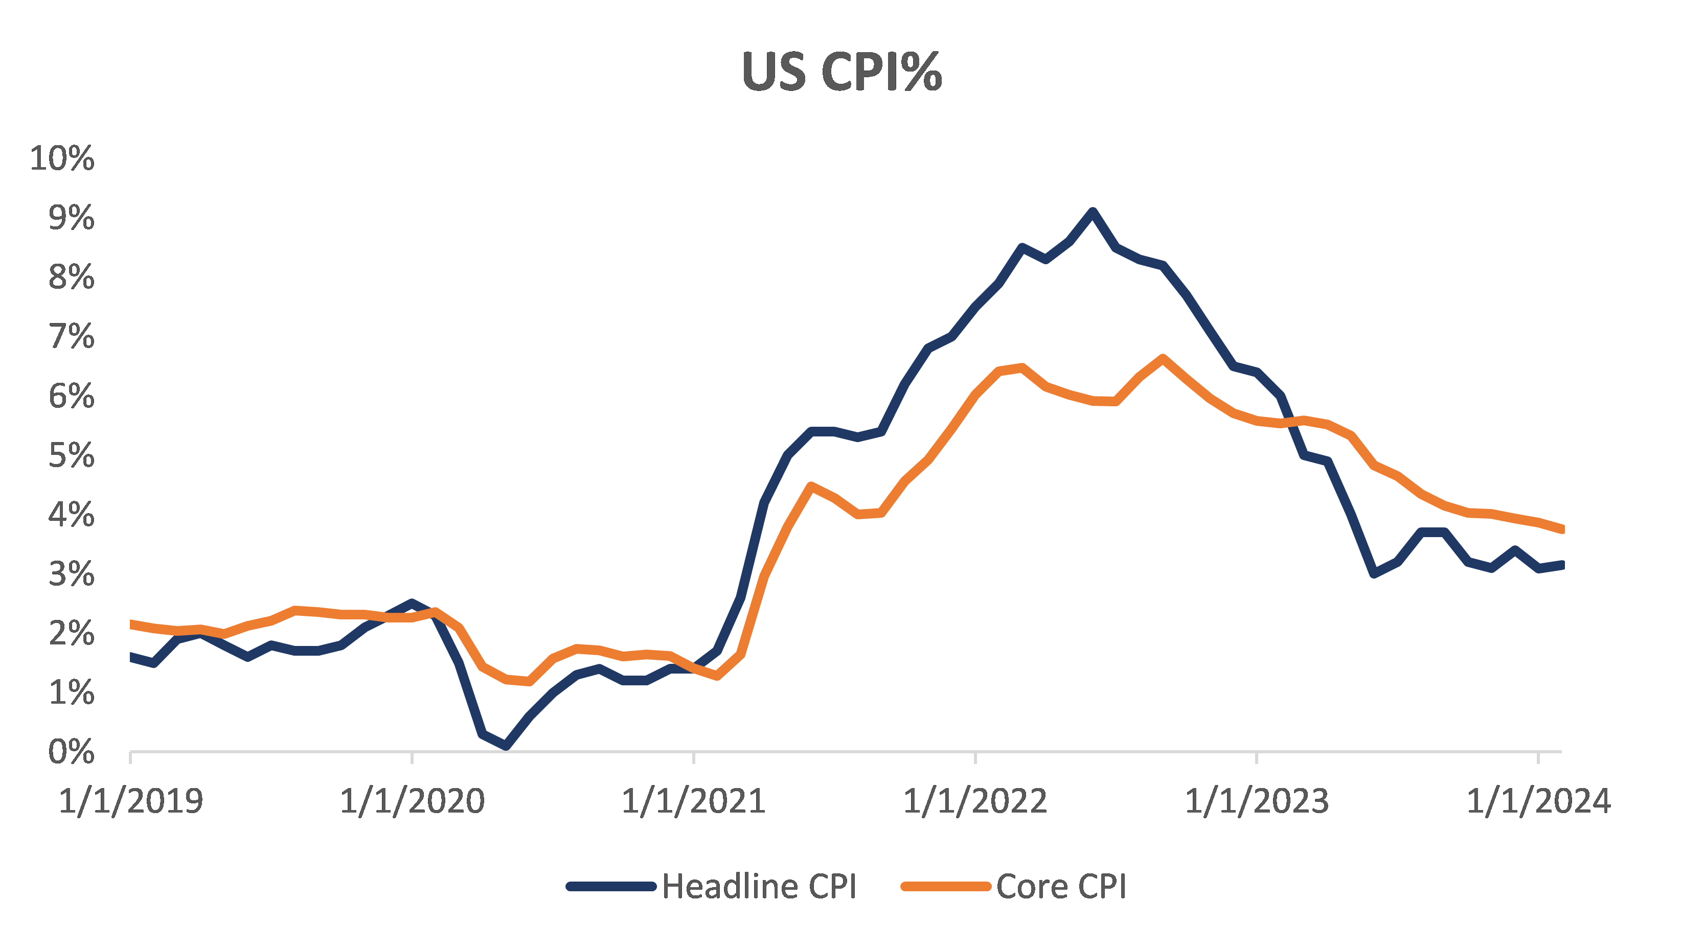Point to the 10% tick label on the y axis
(62, 158)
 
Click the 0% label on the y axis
(71, 752)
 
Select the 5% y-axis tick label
(71, 456)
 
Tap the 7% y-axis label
(71, 337)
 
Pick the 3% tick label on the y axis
(71, 574)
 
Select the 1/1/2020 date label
(412, 801)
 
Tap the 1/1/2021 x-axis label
(693, 801)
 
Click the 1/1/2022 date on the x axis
(975, 801)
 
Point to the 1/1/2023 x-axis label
(1256, 801)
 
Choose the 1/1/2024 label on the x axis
(1538, 801)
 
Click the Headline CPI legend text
(759, 887)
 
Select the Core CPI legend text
(1061, 887)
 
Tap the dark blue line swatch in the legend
(611, 887)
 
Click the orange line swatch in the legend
(945, 887)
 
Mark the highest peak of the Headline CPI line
(1093, 212)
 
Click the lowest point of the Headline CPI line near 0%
(506, 745)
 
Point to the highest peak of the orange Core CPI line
(1163, 358)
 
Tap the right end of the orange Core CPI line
(1560, 529)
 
